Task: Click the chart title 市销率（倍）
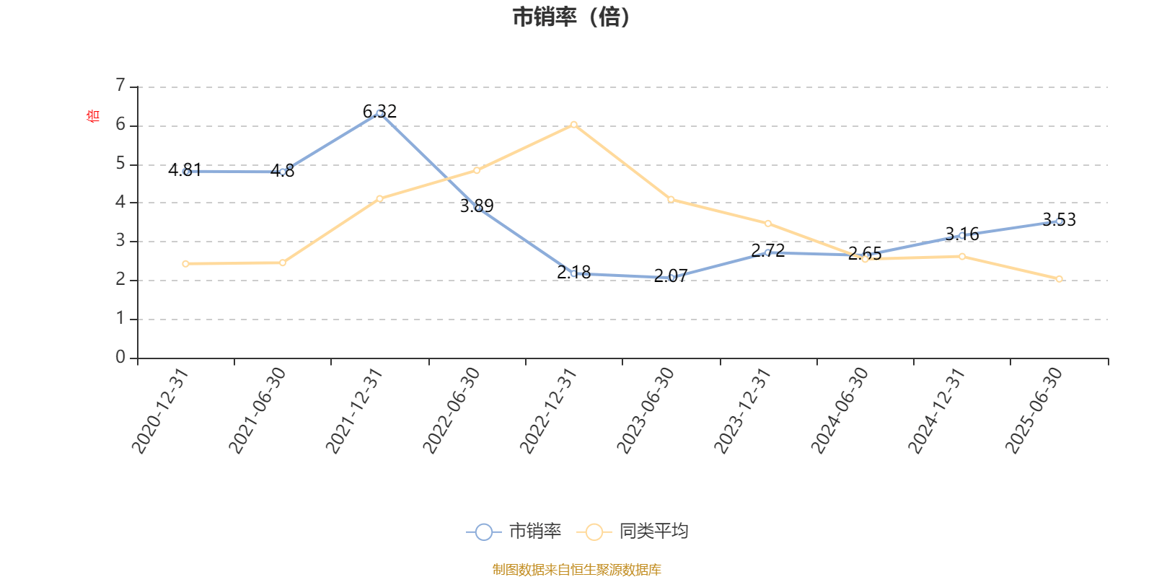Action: click(x=571, y=17)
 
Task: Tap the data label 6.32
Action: click(x=379, y=111)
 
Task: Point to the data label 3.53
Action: click(x=1059, y=219)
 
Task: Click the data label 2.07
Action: click(x=671, y=276)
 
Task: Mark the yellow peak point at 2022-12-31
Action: click(x=573, y=125)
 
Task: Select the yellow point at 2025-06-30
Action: click(x=1059, y=279)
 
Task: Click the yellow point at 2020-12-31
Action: click(x=185, y=264)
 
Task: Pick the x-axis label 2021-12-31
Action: click(x=353, y=410)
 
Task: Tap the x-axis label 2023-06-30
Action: click(x=645, y=410)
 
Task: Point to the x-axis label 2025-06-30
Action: click(x=1034, y=410)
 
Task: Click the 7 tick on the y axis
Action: click(x=120, y=86)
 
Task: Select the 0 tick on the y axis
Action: click(x=120, y=357)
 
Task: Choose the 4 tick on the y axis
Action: click(x=120, y=202)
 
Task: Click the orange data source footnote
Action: click(x=576, y=570)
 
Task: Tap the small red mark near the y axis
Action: click(x=92, y=115)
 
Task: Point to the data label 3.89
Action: click(x=477, y=206)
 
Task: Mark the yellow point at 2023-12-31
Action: click(x=767, y=224)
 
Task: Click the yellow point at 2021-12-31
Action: click(x=379, y=198)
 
